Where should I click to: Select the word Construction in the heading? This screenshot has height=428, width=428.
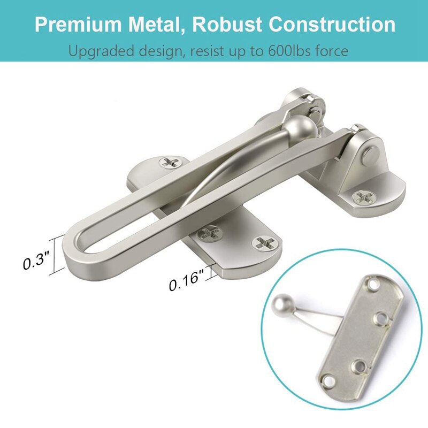[332, 25]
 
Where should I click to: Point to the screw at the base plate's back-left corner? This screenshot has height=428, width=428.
[172, 161]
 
